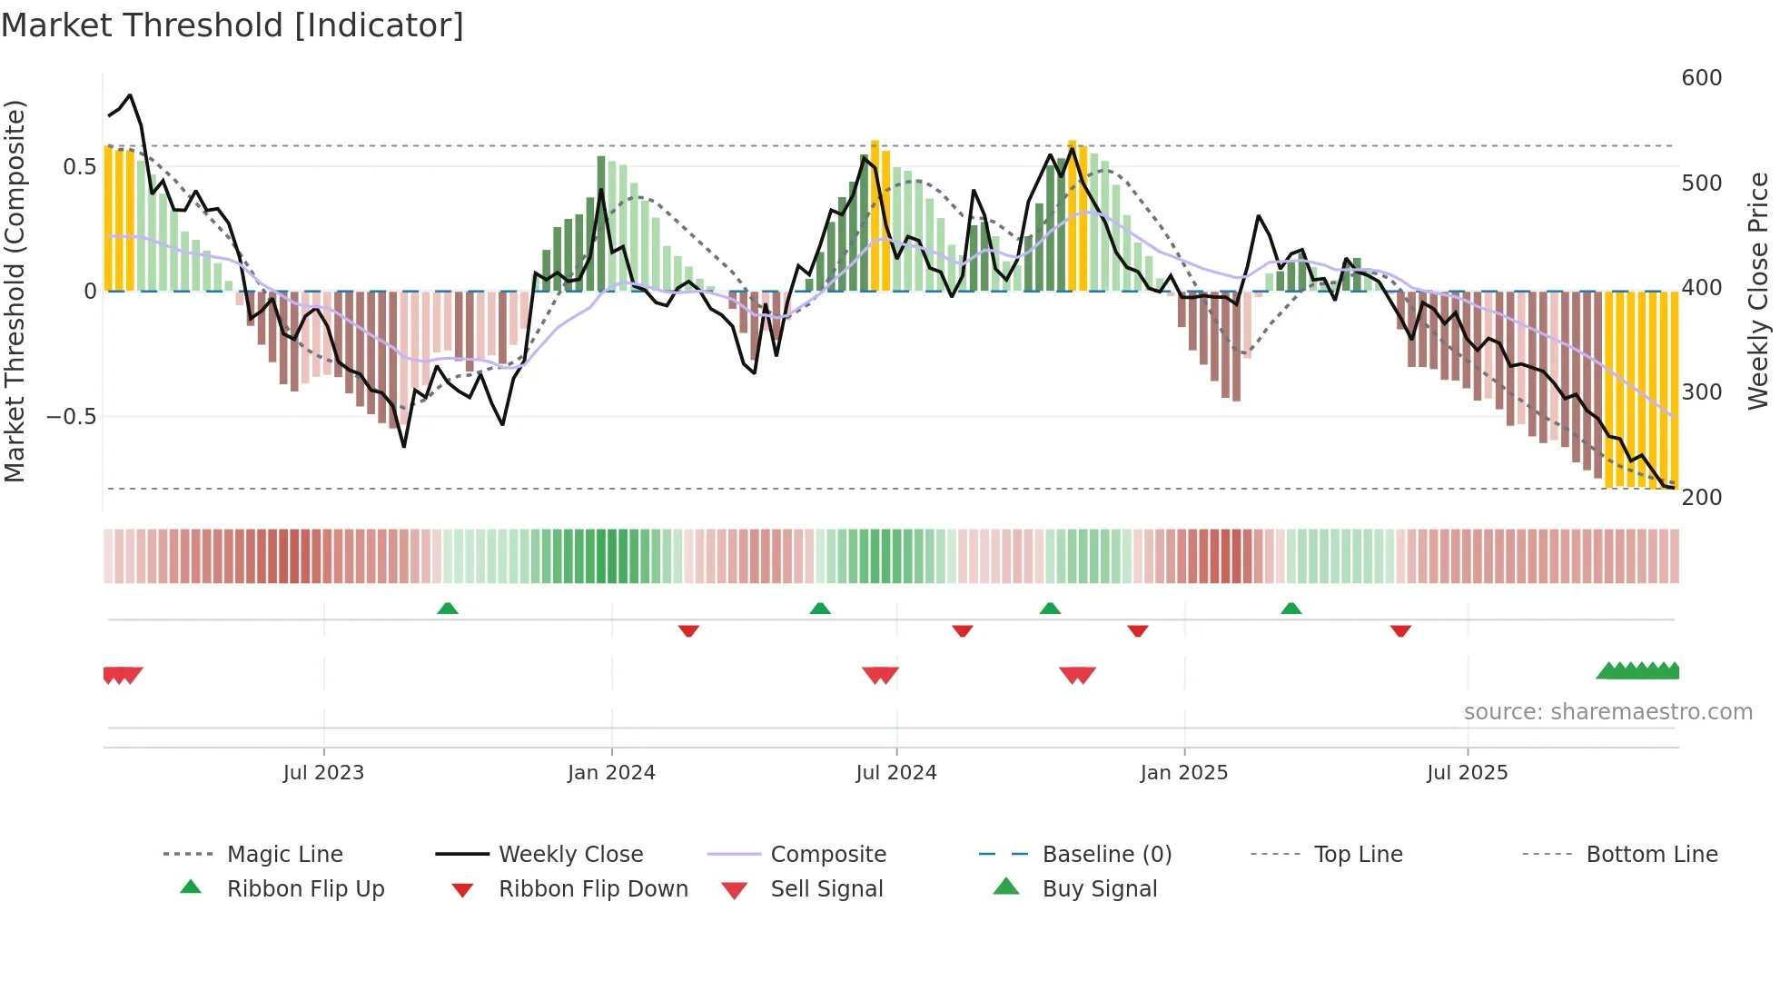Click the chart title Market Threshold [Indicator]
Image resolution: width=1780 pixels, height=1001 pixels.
(x=232, y=25)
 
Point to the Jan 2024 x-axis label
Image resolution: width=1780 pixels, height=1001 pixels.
(x=611, y=773)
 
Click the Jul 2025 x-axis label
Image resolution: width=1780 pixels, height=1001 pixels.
(x=1467, y=773)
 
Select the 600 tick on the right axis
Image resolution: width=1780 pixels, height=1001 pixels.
(x=1701, y=78)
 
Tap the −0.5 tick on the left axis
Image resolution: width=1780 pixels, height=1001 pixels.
(x=71, y=417)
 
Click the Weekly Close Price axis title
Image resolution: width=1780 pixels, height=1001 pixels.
(x=1758, y=291)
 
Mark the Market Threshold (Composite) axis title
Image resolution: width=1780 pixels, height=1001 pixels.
(x=15, y=291)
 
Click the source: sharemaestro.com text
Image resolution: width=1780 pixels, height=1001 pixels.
(x=1607, y=712)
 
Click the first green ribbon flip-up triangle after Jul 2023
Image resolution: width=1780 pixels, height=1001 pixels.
(x=448, y=609)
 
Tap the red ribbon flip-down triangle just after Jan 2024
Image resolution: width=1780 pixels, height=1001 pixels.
(x=688, y=630)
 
